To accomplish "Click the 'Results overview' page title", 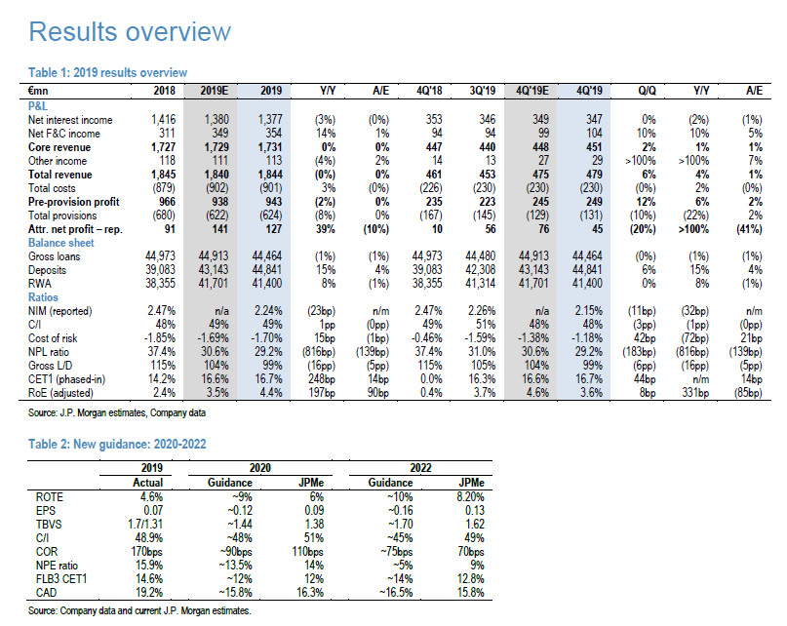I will tap(130, 31).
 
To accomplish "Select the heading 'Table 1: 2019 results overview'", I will tap(106, 73).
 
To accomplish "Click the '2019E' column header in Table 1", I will tap(213, 90).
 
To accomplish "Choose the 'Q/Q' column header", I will tap(645, 90).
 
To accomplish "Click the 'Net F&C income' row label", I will tap(63, 133).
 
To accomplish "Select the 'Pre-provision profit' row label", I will tap(73, 201).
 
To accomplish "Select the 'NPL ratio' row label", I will tap(51, 350).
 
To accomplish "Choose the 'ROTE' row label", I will tap(49, 495).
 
